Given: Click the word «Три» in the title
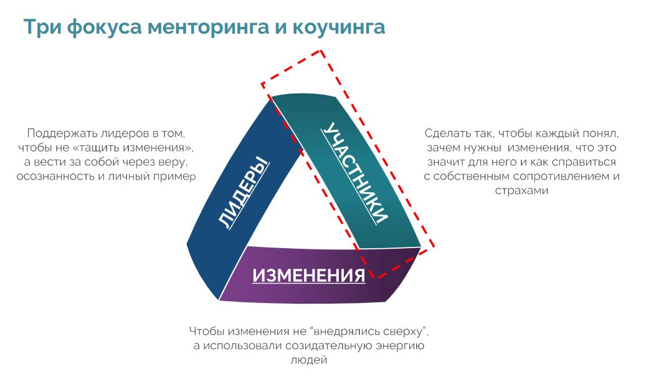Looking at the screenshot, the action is [x=42, y=27].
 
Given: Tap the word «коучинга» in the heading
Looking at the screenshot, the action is [x=339, y=28].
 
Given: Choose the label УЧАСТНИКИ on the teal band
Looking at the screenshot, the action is [x=355, y=173].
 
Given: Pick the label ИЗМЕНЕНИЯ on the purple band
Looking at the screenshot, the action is [x=309, y=275].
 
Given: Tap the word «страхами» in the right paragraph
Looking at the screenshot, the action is [x=521, y=191].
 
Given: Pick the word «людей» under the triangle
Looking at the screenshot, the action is [x=309, y=360].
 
